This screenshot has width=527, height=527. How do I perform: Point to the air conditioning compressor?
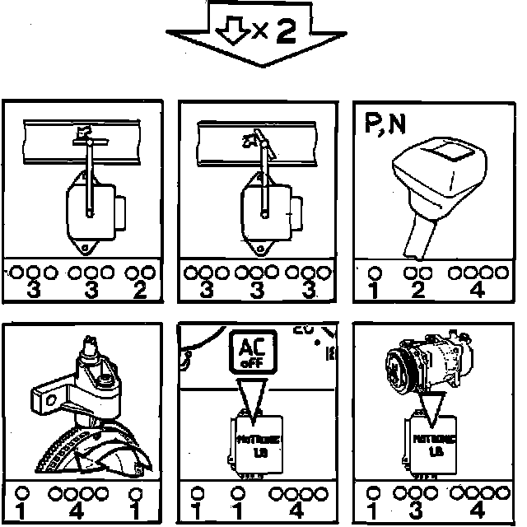pyautogui.click(x=428, y=361)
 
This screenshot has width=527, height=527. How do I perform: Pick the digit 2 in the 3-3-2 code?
pyautogui.click(x=141, y=290)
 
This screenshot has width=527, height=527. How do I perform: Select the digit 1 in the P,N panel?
pyautogui.click(x=374, y=290)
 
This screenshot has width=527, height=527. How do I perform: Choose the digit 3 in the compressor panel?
pyautogui.click(x=417, y=511)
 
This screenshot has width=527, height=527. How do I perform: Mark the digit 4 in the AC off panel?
pyautogui.click(x=305, y=511)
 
